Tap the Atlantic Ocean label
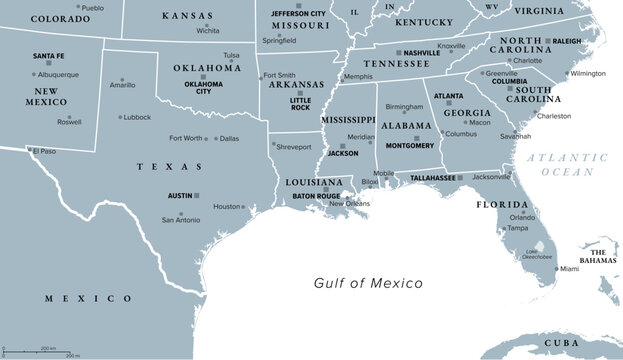point(567,165)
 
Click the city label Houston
point(227,207)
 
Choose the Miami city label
point(568,269)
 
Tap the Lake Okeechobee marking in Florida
point(539,248)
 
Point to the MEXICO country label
point(89,298)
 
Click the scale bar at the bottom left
point(44,351)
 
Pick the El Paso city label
point(44,151)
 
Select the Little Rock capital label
point(299,103)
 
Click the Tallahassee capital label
point(433,177)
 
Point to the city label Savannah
point(516,136)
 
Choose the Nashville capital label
point(422,52)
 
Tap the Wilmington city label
point(588,73)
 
